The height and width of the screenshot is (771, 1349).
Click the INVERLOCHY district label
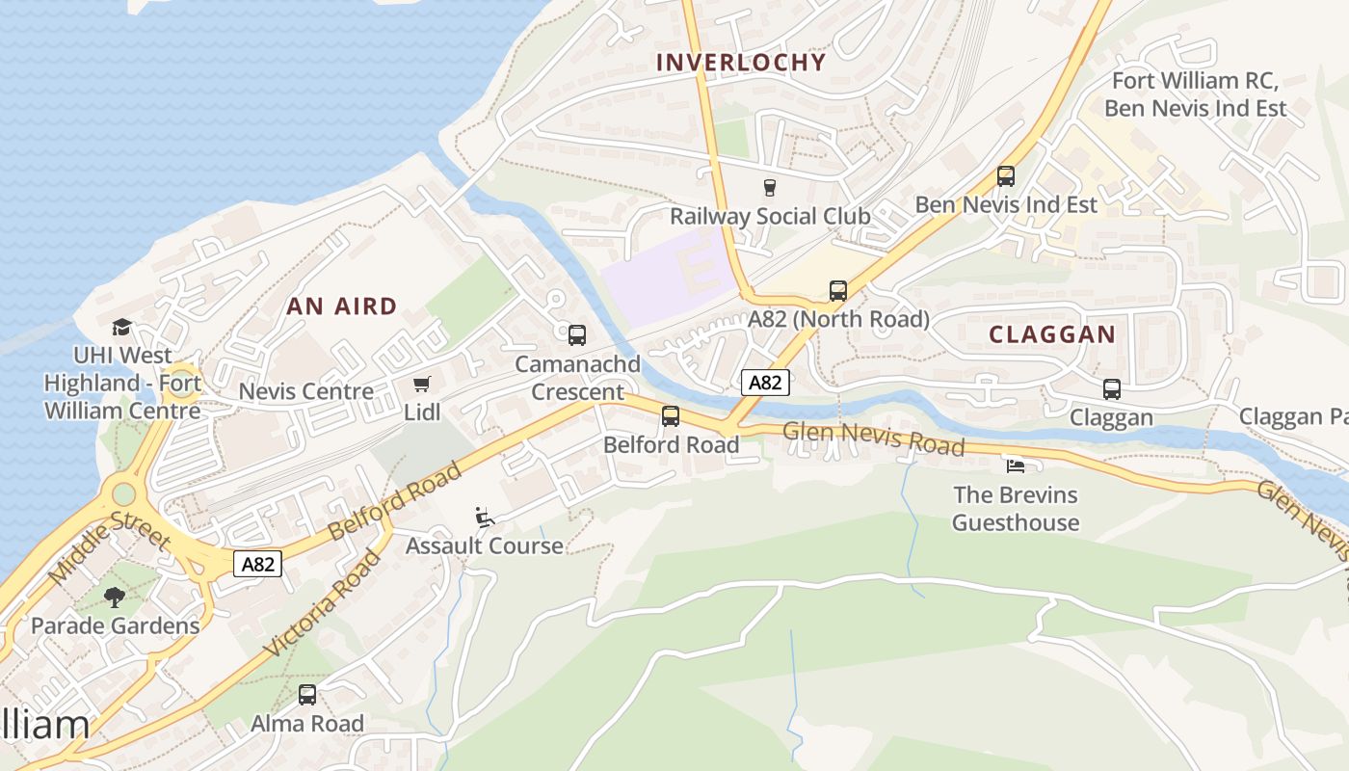(x=741, y=63)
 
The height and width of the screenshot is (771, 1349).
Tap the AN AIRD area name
(x=342, y=306)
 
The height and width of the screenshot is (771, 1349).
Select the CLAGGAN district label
(x=1052, y=334)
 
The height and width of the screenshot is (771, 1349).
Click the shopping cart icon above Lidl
(x=421, y=385)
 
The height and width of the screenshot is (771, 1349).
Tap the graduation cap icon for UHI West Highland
(x=121, y=328)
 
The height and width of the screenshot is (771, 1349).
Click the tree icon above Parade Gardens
(x=115, y=598)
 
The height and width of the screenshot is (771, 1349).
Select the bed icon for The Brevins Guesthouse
(x=1016, y=466)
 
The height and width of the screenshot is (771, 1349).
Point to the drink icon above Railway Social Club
(x=769, y=187)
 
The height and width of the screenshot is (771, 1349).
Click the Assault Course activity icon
(x=485, y=518)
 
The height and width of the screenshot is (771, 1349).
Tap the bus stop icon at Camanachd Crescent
(x=577, y=335)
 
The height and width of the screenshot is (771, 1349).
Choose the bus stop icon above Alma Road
(x=307, y=695)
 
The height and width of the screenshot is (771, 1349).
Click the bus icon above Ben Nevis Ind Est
(x=1006, y=176)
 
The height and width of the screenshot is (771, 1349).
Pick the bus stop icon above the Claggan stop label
(x=1112, y=389)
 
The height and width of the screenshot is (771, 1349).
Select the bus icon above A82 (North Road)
(x=838, y=291)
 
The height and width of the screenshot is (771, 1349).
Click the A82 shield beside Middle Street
(x=258, y=564)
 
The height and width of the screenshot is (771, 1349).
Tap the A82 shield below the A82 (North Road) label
(x=765, y=383)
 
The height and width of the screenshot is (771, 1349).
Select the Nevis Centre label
(x=305, y=391)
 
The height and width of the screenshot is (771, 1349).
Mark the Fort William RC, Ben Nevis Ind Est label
(x=1195, y=94)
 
